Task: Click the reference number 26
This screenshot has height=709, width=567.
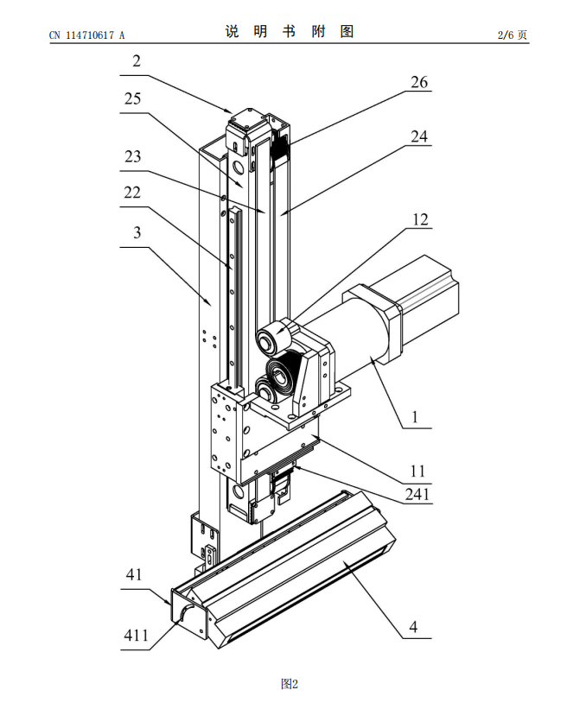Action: click(x=419, y=83)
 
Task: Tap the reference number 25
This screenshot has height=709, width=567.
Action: click(x=133, y=99)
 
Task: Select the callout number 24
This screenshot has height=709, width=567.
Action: click(x=419, y=136)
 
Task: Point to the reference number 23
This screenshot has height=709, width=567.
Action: click(x=133, y=157)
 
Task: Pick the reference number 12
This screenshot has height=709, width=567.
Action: click(x=419, y=219)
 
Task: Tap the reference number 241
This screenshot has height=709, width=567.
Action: click(x=419, y=495)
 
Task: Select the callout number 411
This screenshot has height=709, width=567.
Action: click(x=136, y=636)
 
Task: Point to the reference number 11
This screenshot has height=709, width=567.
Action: click(x=418, y=470)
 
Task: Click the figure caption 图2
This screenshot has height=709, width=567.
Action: click(x=290, y=684)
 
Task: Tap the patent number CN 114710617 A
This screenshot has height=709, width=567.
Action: click(x=87, y=35)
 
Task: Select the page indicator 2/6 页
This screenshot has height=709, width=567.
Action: click(x=512, y=35)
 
